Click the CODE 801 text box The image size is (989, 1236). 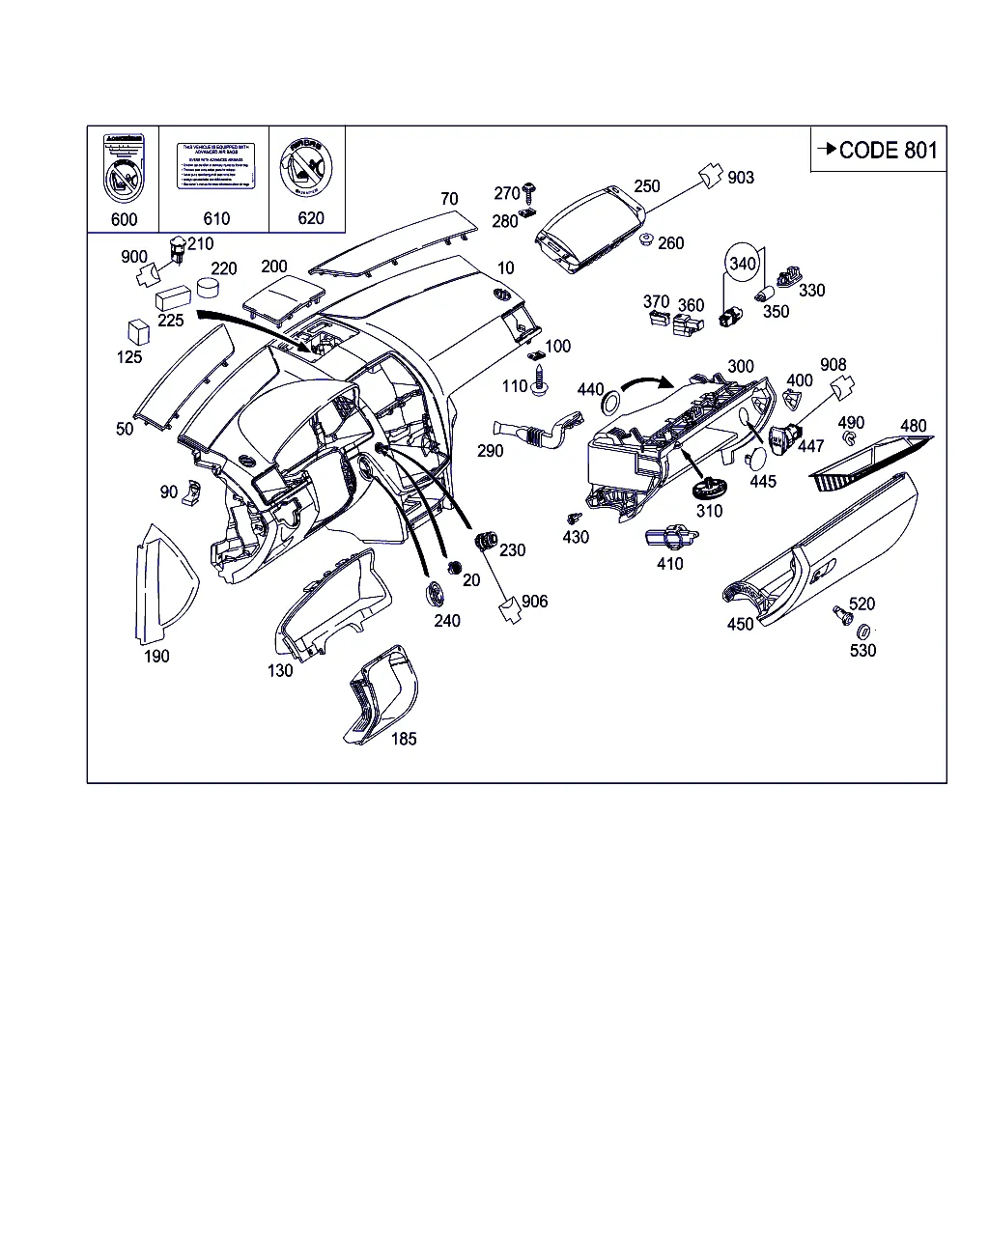click(x=878, y=150)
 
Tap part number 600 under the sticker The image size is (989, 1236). click(x=124, y=219)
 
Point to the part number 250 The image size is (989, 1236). click(x=647, y=185)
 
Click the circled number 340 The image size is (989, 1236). click(x=743, y=263)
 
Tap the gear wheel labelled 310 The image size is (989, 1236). click(x=709, y=486)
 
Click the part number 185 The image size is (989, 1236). click(x=404, y=739)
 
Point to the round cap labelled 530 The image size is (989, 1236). click(x=863, y=631)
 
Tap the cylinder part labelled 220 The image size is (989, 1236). click(x=208, y=287)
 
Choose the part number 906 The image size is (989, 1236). click(x=534, y=602)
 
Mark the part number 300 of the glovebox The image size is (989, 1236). click(x=741, y=367)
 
